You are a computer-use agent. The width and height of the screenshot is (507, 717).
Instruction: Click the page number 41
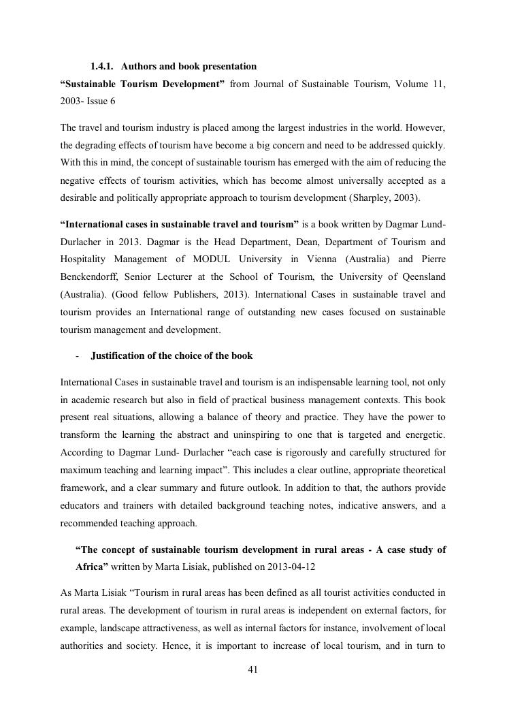(252, 670)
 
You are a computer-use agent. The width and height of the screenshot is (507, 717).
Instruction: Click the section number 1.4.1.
(103, 66)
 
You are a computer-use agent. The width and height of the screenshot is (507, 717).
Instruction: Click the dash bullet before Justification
(78, 356)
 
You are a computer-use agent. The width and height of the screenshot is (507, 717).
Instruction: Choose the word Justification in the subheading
(122, 355)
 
